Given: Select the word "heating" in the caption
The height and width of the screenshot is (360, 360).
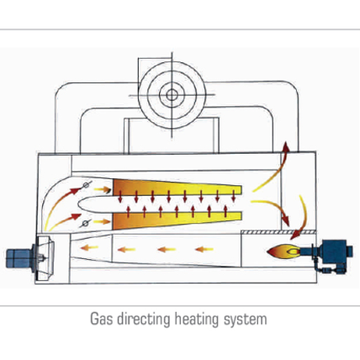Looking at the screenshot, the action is (196, 320).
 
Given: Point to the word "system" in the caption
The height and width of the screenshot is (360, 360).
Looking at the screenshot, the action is (245, 320).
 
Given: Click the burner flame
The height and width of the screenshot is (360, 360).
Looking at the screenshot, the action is (283, 251).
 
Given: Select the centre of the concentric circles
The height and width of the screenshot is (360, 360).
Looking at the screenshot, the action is (172, 95).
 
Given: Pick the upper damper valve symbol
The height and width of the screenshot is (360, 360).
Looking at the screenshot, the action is (87, 185).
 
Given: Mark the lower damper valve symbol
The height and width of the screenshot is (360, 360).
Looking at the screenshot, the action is (86, 224).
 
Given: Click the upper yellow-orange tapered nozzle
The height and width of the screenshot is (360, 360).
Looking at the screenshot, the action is (177, 188).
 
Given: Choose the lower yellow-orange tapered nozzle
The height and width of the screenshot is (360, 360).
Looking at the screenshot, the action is (177, 220).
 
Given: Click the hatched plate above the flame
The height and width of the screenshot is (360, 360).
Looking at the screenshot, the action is (278, 232).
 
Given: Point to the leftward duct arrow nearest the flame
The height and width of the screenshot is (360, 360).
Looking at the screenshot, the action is (204, 249).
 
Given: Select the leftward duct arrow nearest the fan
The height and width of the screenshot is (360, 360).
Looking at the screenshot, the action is (89, 247).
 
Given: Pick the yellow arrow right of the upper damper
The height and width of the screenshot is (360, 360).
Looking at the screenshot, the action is (102, 189).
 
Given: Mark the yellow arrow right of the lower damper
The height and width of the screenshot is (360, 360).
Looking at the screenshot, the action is (102, 222).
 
